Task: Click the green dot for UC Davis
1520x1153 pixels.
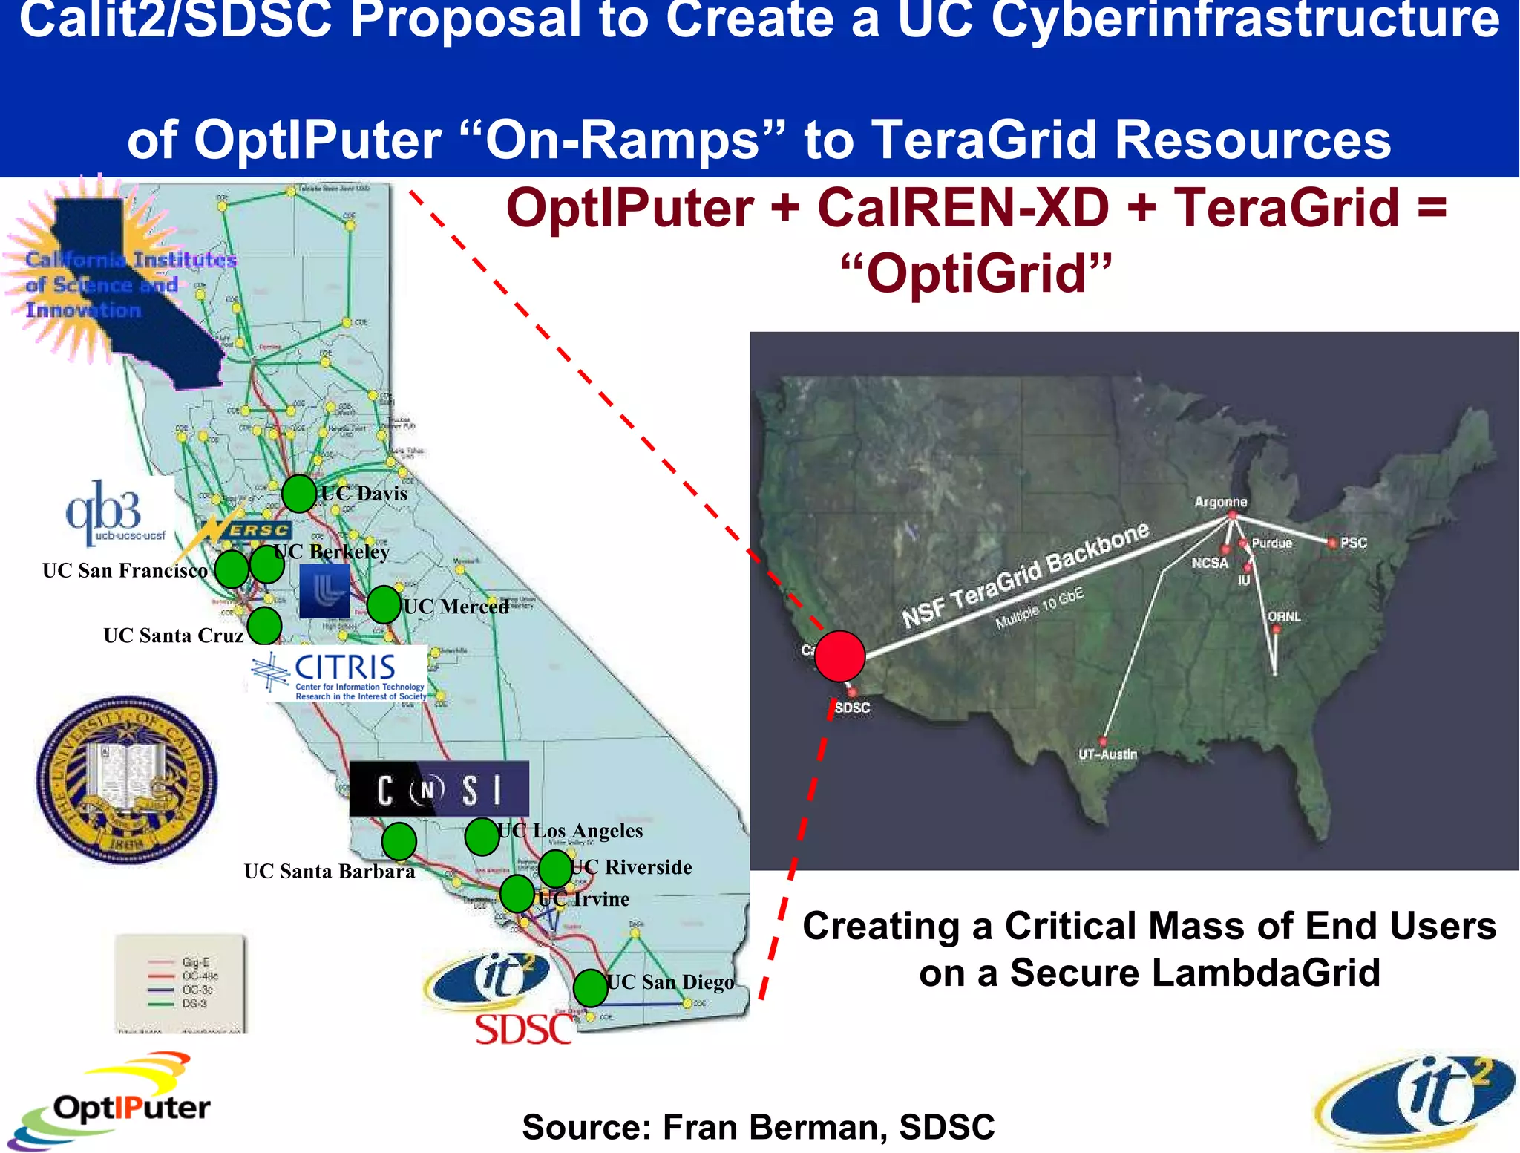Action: pyautogui.click(x=299, y=493)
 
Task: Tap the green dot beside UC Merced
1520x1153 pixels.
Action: pyautogui.click(x=384, y=604)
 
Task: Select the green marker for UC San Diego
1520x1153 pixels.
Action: pyautogui.click(x=591, y=988)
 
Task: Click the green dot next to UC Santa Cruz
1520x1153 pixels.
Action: pyautogui.click(x=264, y=625)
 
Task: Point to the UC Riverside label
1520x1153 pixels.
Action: pyautogui.click(x=632, y=867)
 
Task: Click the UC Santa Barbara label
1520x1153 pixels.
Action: pyautogui.click(x=329, y=871)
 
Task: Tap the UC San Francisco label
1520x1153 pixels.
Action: pyautogui.click(x=125, y=570)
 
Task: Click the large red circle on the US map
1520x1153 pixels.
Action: pyautogui.click(x=839, y=656)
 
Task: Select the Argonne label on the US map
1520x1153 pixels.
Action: pyautogui.click(x=1220, y=502)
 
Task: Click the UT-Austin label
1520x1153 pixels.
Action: pyautogui.click(x=1107, y=754)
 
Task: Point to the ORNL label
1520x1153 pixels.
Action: pyautogui.click(x=1284, y=616)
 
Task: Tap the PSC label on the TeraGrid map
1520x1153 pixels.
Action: pyautogui.click(x=1353, y=543)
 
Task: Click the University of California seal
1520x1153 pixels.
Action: pyautogui.click(x=127, y=780)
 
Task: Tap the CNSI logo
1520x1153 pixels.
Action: pyautogui.click(x=439, y=789)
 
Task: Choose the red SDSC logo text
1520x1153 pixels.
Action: pyautogui.click(x=523, y=1030)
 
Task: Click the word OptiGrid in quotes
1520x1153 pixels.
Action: pyautogui.click(x=976, y=273)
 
